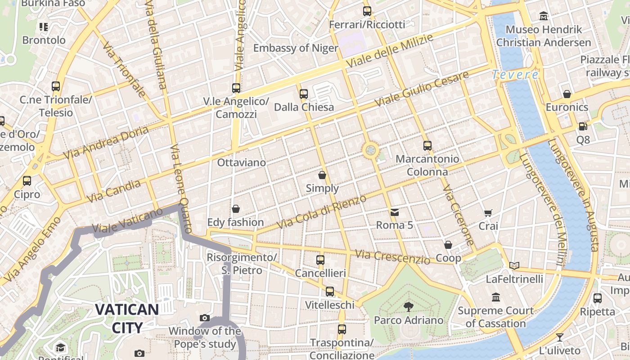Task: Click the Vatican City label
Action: click(126, 318)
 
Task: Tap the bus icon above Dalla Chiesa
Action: click(304, 94)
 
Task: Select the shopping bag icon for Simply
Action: click(322, 175)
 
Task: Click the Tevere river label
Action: click(515, 75)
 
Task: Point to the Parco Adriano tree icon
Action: click(408, 307)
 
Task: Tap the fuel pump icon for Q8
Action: click(583, 127)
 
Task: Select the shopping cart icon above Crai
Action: click(488, 213)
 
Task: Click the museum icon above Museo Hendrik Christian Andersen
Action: click(544, 16)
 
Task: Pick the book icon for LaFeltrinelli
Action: click(514, 265)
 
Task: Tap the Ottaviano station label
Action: click(241, 162)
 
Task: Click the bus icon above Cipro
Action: click(27, 181)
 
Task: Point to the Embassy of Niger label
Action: click(296, 48)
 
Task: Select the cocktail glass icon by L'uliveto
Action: click(559, 337)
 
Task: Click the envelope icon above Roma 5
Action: click(394, 212)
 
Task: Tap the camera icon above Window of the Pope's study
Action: click(205, 318)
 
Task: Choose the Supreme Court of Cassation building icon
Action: click(496, 297)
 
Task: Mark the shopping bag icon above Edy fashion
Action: click(235, 209)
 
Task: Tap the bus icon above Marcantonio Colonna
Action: click(427, 146)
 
